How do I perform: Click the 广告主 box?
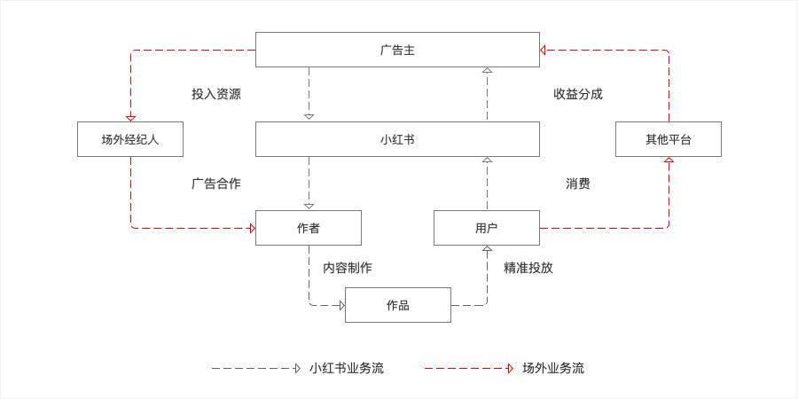tap(397, 50)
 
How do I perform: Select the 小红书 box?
tap(397, 139)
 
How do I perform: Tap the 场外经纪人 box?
tap(130, 139)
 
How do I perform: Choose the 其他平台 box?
tap(669, 139)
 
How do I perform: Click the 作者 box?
tap(309, 228)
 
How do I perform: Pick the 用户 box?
tap(487, 228)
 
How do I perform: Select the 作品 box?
tap(398, 305)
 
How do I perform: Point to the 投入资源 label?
tap(216, 94)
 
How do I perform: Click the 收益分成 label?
tap(578, 94)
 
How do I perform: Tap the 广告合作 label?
tap(216, 184)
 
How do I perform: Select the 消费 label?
tap(578, 184)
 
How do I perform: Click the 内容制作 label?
tap(348, 268)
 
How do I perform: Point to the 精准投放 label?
tap(528, 268)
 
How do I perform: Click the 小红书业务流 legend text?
tap(347, 369)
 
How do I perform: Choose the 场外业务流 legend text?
tap(553, 369)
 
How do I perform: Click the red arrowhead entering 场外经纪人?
tap(131, 119)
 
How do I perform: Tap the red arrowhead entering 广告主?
tap(543, 51)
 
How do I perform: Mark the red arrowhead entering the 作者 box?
tap(253, 228)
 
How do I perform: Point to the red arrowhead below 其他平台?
tap(669, 160)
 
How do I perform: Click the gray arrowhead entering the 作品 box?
tap(342, 305)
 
